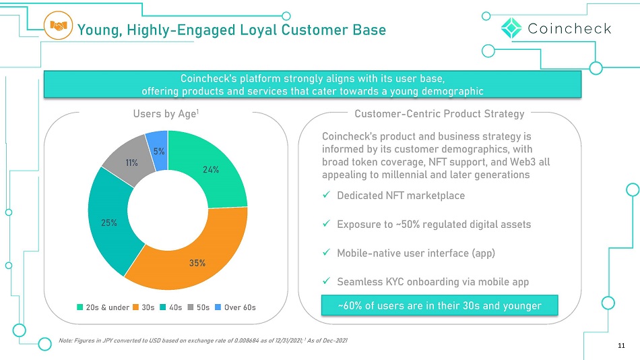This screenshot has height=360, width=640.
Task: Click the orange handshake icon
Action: (x=58, y=26)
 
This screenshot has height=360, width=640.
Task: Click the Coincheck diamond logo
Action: (x=511, y=28)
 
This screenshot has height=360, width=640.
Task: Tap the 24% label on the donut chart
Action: (x=211, y=170)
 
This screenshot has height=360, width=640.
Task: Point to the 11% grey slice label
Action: (x=131, y=162)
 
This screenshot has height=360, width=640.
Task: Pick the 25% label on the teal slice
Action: (x=109, y=222)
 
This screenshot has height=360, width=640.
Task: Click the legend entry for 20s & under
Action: (x=103, y=307)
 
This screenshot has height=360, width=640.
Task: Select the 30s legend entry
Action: (x=143, y=307)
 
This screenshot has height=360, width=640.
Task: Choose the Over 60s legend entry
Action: (x=235, y=307)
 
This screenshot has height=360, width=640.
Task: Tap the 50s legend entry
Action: (x=198, y=307)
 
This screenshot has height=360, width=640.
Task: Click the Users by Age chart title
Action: (x=166, y=114)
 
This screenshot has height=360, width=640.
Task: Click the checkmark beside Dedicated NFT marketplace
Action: (x=326, y=195)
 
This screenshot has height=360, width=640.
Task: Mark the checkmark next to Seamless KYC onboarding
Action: (x=326, y=280)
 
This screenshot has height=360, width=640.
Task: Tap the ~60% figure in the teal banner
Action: (x=350, y=305)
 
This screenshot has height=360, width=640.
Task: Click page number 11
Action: (x=621, y=346)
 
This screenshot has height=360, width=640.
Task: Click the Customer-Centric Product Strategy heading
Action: (x=439, y=114)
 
